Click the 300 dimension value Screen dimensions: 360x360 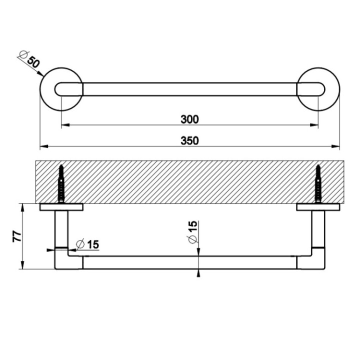(189, 119)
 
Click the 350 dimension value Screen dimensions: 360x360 (189, 140)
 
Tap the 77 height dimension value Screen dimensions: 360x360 (16, 236)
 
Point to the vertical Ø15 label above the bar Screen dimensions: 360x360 (192, 232)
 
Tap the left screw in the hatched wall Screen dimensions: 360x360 (61, 183)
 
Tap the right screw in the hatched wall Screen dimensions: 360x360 (317, 183)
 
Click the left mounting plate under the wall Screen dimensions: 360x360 (61, 207)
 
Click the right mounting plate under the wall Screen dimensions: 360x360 (318, 207)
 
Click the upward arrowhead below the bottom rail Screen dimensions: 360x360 (199, 272)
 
